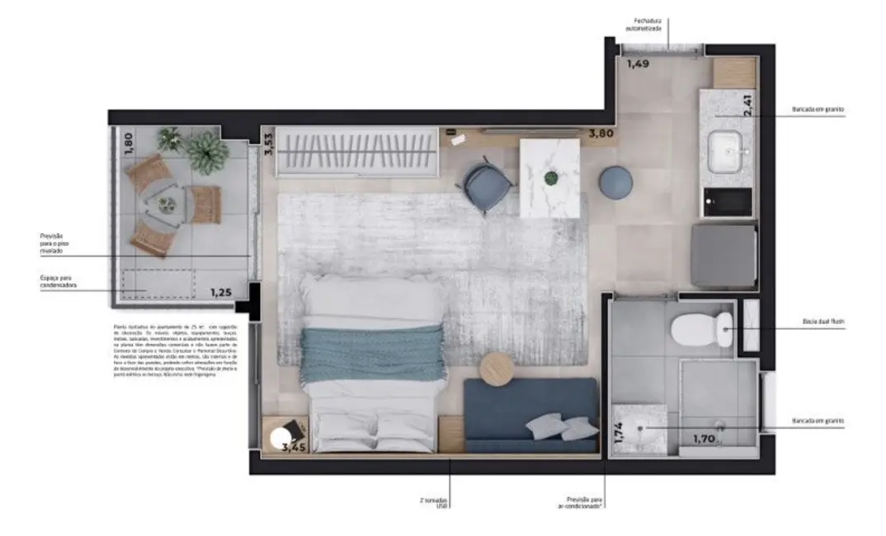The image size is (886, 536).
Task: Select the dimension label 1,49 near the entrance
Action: [x=639, y=63]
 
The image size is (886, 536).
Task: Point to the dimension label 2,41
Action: [x=747, y=105]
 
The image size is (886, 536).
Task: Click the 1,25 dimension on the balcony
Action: [x=220, y=292]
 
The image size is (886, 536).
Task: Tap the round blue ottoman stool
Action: [x=615, y=182]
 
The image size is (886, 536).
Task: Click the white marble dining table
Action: [x=549, y=176]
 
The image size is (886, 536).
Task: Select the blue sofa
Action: [x=530, y=415]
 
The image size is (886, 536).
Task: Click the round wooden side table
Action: [x=498, y=369]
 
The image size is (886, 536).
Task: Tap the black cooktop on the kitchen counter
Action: [x=728, y=201]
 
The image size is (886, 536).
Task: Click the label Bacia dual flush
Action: [x=822, y=322]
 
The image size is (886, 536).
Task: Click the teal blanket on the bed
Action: [x=370, y=354]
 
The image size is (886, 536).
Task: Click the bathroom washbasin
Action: [x=640, y=426]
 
